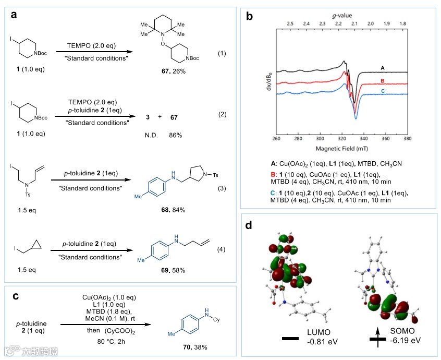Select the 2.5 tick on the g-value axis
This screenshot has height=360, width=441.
[290, 24]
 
